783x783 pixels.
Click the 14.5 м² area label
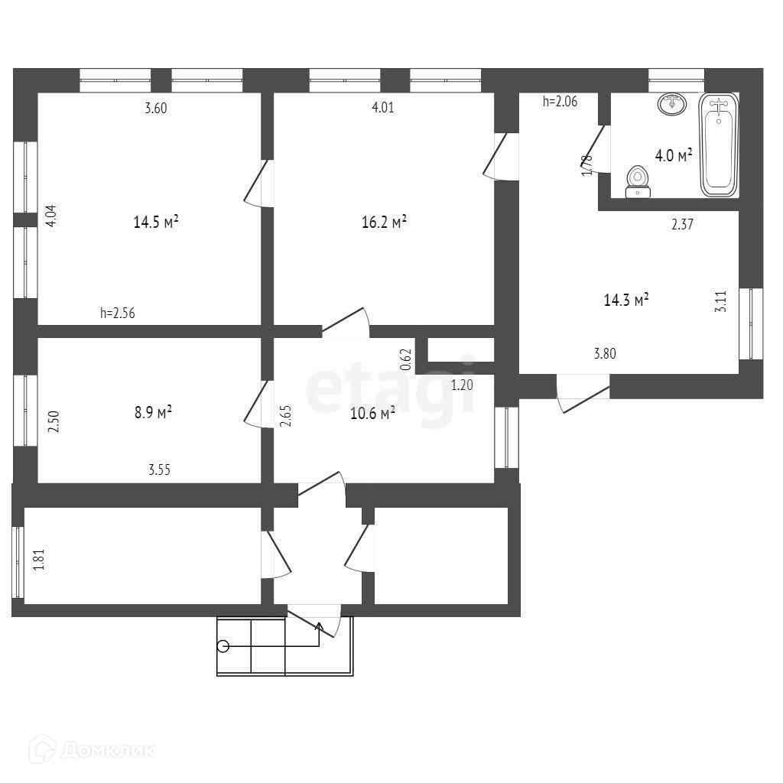[156, 223]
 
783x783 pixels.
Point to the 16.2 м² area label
[383, 223]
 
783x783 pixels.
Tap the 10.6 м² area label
[372, 414]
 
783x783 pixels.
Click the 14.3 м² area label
[626, 301]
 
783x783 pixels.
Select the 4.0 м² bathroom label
[674, 156]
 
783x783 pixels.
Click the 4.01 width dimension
[382, 108]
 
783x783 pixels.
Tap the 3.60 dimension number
[156, 108]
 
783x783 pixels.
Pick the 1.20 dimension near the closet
[462, 385]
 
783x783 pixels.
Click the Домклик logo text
[107, 751]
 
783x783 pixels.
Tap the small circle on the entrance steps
[223, 646]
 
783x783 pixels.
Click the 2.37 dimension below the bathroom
[682, 224]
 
